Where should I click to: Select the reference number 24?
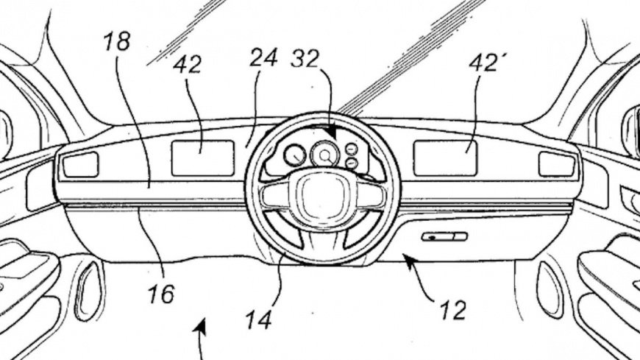coord(263,57)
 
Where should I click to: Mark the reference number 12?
coord(453,311)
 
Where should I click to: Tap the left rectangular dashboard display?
coord(202,158)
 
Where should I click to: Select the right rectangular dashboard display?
coord(444,158)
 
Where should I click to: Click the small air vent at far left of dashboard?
coord(81,165)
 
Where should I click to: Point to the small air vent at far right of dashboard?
coord(557,164)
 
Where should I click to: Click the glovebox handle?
coord(444,236)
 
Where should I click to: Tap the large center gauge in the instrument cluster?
coord(324,155)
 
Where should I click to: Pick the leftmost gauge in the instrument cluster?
coord(295,155)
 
